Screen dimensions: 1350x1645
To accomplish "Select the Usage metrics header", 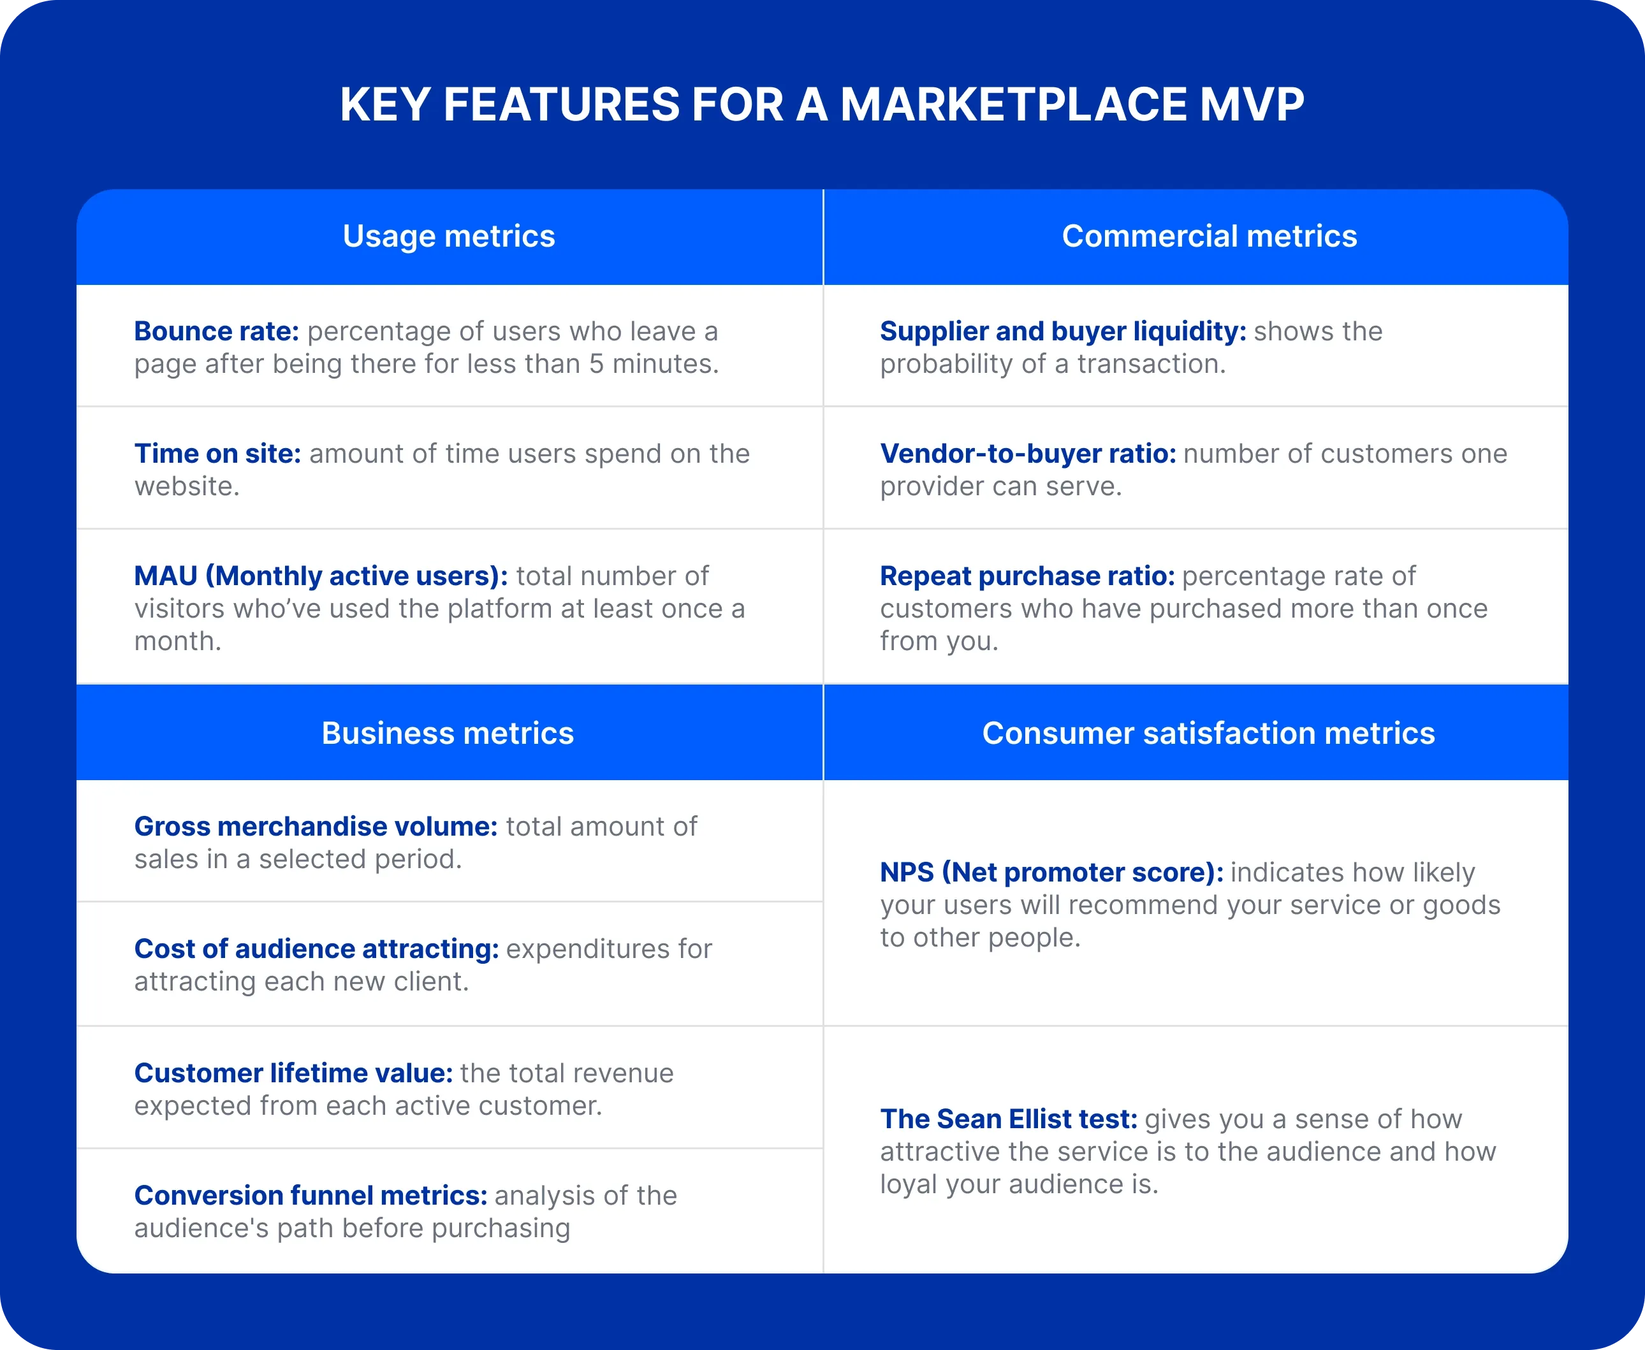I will pos(449,236).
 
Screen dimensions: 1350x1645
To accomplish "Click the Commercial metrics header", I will pos(1209,236).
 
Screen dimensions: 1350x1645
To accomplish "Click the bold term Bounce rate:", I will pos(216,331).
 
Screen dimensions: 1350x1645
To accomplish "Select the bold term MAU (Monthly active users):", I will pos(321,576).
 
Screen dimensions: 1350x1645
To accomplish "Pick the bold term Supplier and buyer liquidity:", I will pos(1062,331).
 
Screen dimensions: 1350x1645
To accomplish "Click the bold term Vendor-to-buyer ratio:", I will pos(1027,453).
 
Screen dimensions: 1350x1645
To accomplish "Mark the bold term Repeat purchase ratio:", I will pos(1027,576).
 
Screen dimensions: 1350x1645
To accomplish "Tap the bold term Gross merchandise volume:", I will pos(316,827).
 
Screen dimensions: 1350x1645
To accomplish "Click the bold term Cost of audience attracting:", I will pos(316,948).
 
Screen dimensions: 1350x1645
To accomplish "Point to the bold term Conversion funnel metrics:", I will pos(311,1195).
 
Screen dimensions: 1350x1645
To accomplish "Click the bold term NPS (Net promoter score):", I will pos(1051,873).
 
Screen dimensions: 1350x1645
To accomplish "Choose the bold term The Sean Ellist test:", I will pos(1008,1119).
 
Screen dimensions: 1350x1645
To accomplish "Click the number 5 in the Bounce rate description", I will pos(597,364).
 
